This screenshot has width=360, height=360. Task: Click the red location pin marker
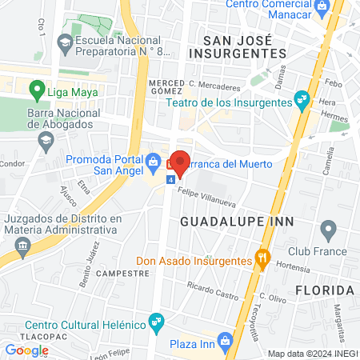click(x=181, y=163)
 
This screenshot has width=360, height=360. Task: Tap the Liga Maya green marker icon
click(x=36, y=90)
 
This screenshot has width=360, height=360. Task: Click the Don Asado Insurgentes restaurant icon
click(x=261, y=258)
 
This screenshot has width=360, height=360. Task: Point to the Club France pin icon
click(x=327, y=232)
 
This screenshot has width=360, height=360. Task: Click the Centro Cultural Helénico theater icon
click(x=157, y=325)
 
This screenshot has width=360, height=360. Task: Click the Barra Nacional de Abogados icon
click(x=46, y=141)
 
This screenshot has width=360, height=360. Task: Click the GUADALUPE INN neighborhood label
click(x=237, y=220)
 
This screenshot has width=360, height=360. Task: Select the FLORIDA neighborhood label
click(x=324, y=289)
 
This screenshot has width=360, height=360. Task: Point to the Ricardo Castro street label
click(x=213, y=290)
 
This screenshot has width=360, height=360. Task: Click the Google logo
click(x=26, y=350)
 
